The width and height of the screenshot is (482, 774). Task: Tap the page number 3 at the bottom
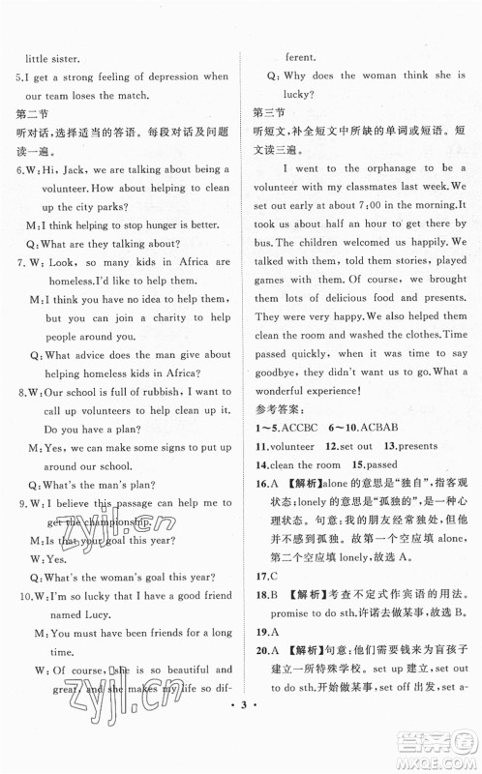coord(240,755)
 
